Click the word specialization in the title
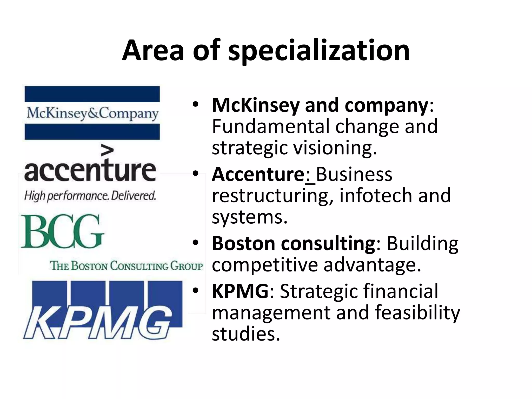[x=319, y=51]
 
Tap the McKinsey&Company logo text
[x=92, y=114]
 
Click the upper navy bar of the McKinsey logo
[x=92, y=94]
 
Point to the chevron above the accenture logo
[x=107, y=151]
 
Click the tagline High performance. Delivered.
[x=90, y=196]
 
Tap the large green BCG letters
[x=62, y=231]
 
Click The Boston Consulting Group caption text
[x=126, y=266]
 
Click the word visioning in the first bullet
[x=335, y=148]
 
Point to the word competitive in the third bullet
[x=265, y=265]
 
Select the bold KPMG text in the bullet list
[x=240, y=291]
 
